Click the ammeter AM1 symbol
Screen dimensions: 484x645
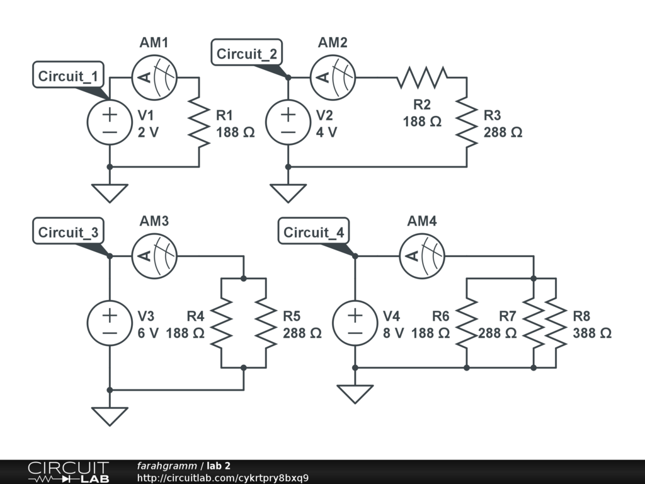(x=154, y=78)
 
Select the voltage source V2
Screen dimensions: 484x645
(x=288, y=122)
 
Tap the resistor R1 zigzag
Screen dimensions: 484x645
(x=199, y=122)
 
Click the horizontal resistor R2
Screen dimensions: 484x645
(x=422, y=78)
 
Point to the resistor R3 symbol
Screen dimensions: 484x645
(x=467, y=122)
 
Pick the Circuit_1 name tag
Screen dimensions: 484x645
(x=68, y=76)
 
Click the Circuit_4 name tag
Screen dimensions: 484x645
(x=314, y=233)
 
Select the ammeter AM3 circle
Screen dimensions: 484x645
(x=154, y=256)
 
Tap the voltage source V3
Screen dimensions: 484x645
(x=110, y=323)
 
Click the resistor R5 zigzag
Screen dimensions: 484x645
(x=266, y=323)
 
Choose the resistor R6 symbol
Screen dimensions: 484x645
(x=467, y=323)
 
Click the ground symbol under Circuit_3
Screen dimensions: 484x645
(x=110, y=415)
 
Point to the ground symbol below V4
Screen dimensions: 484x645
(x=355, y=393)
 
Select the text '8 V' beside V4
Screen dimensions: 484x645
(x=393, y=333)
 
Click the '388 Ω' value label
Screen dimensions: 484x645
(x=592, y=333)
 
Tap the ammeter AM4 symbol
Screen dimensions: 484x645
(x=422, y=256)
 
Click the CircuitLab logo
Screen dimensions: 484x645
(x=68, y=471)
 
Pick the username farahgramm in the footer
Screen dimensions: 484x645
(x=166, y=466)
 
